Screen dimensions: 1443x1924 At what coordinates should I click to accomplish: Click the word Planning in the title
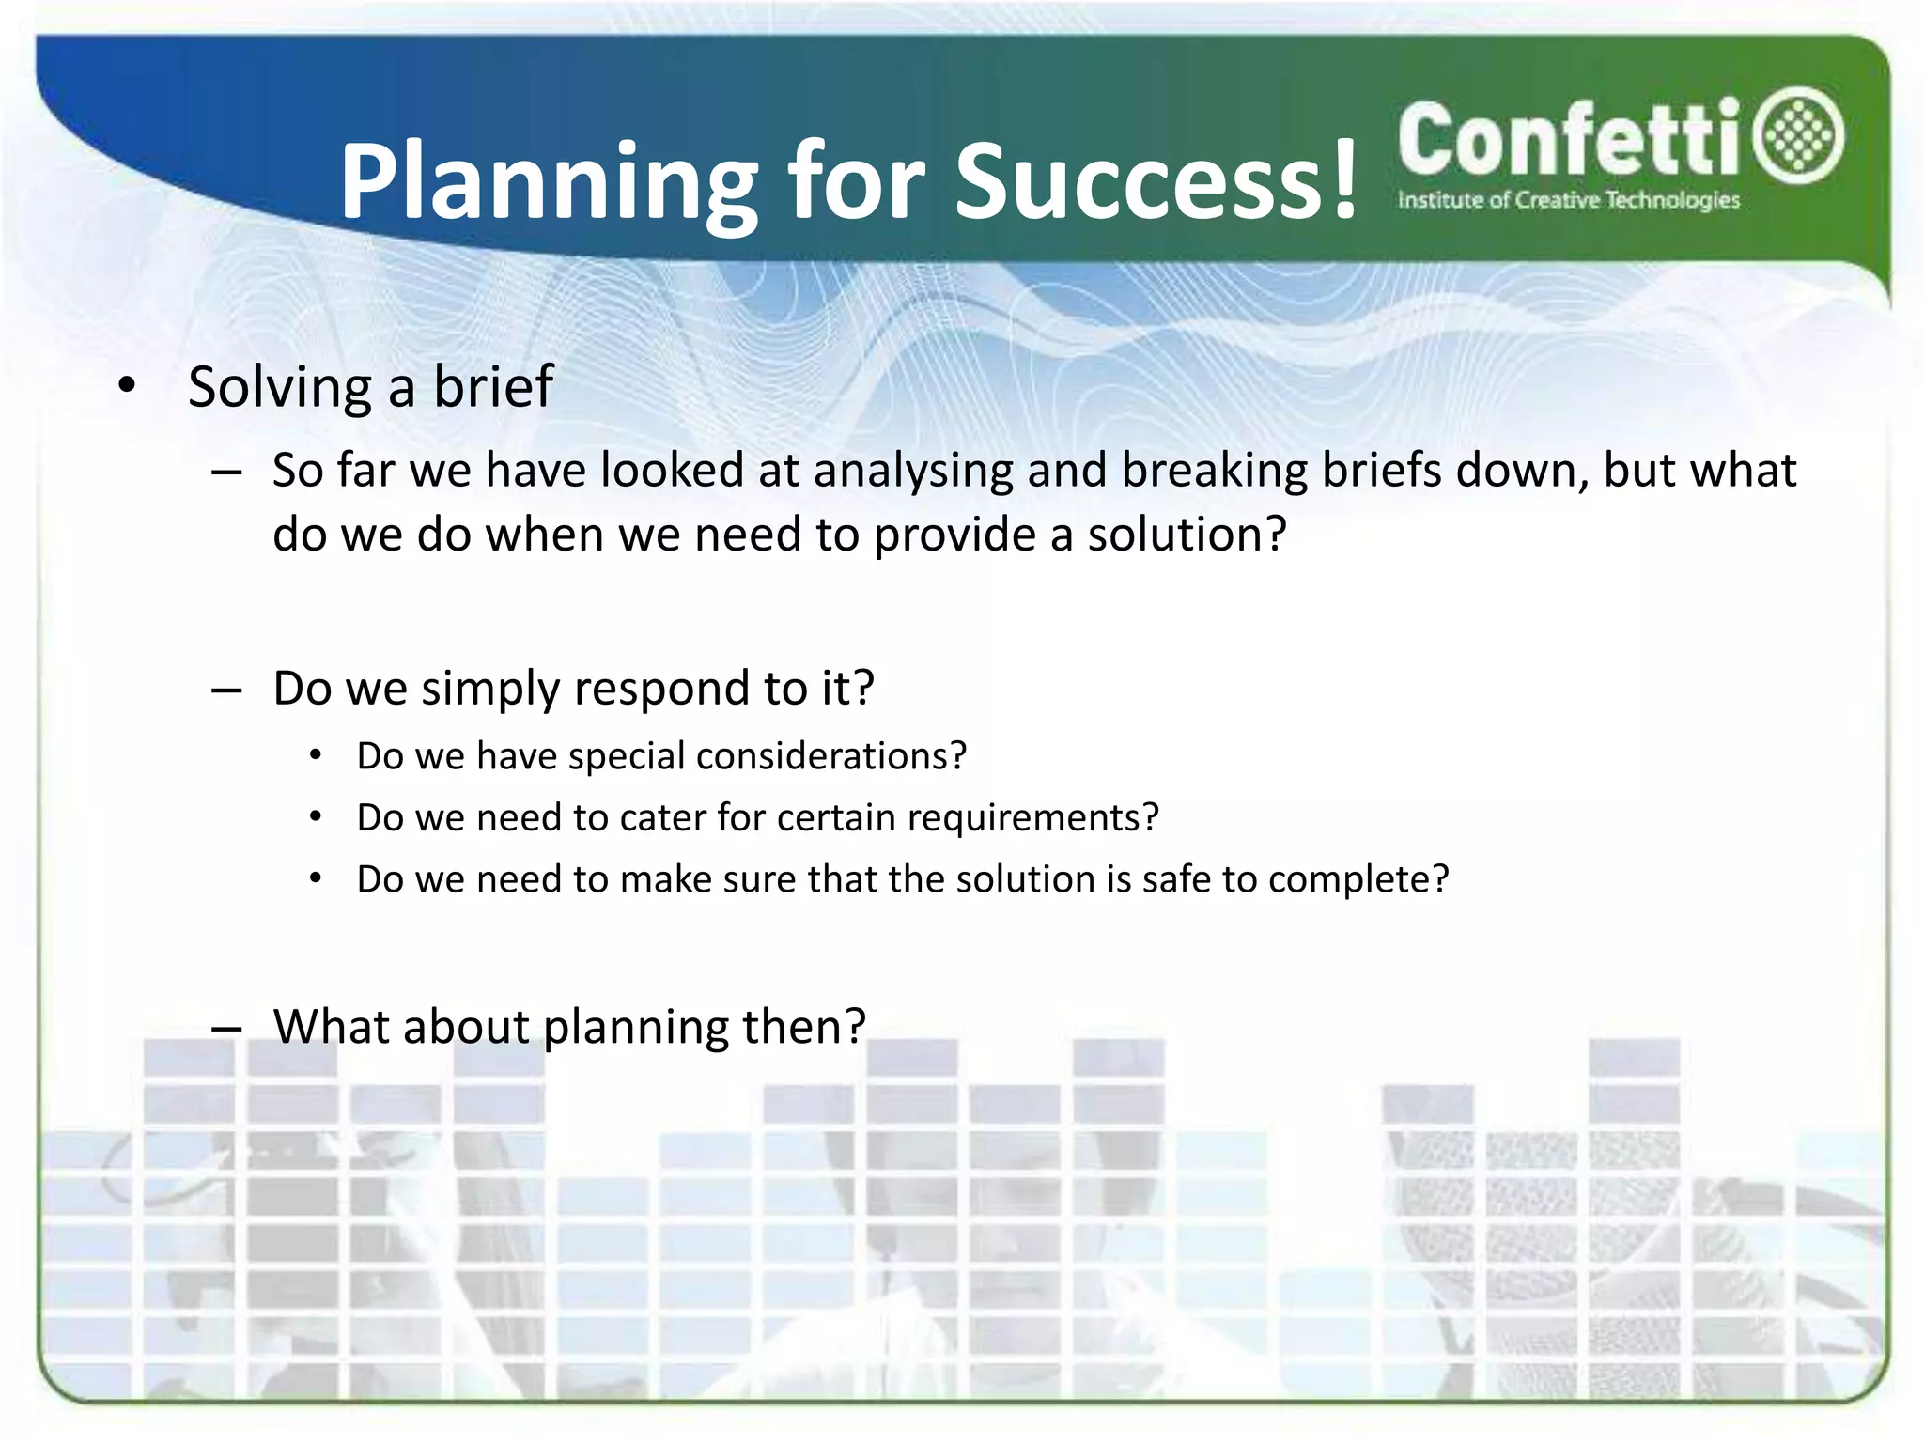point(548,183)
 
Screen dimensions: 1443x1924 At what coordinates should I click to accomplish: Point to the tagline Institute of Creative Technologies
point(1568,200)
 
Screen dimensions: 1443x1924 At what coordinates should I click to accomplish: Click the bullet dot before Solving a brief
point(128,386)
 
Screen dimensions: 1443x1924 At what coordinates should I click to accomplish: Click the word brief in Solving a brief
point(492,386)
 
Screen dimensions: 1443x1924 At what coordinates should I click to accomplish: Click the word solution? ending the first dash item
point(1187,535)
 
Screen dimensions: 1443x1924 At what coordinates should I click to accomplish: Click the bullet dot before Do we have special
point(317,756)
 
